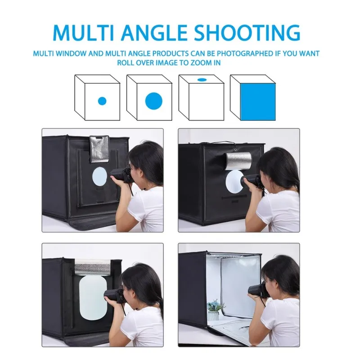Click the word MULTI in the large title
click(x=84, y=32)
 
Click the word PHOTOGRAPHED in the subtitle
click(x=245, y=54)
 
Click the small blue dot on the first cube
click(x=102, y=101)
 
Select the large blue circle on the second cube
click(x=154, y=101)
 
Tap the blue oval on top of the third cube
click(x=202, y=80)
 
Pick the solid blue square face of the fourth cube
click(x=258, y=102)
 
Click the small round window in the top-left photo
click(x=99, y=176)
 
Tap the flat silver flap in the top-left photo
click(x=99, y=149)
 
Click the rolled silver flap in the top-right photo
click(x=238, y=161)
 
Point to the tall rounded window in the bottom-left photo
click(x=93, y=297)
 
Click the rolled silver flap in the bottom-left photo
click(x=93, y=266)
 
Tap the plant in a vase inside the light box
click(x=216, y=310)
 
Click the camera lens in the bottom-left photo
click(x=111, y=296)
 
